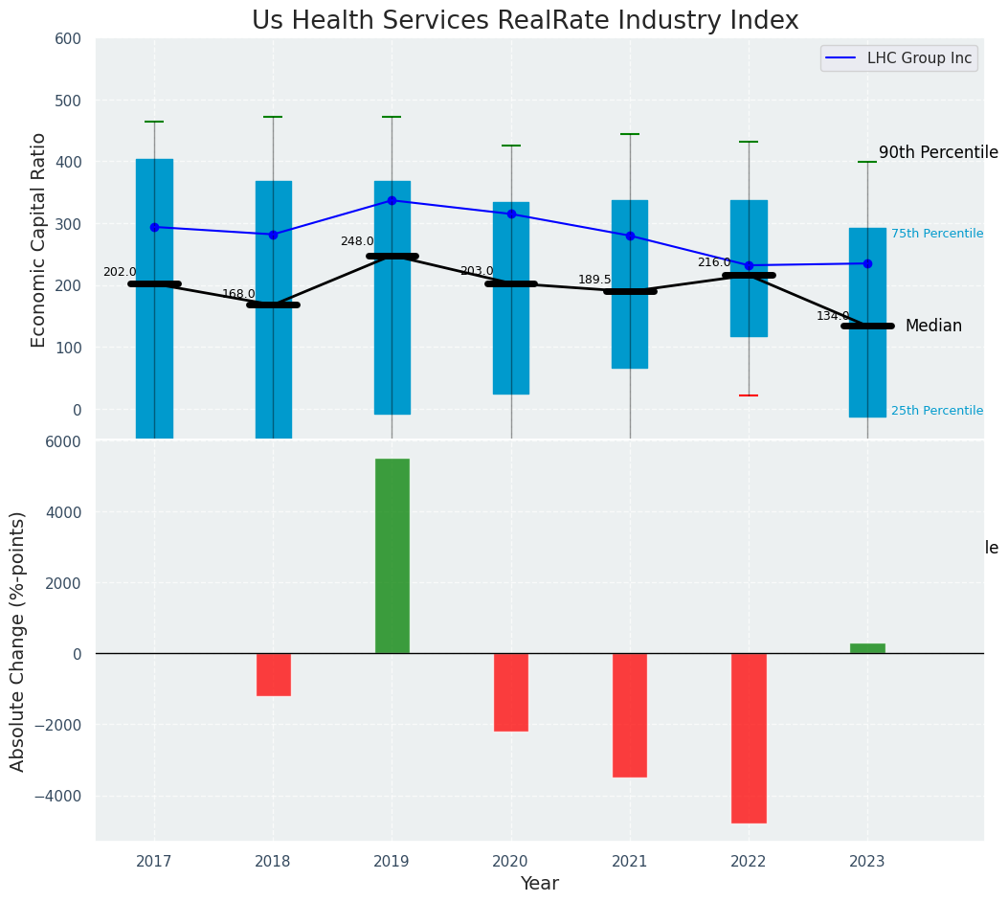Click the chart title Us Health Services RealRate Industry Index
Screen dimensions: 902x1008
pyautogui.click(x=525, y=21)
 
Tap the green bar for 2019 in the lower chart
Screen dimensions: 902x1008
pyautogui.click(x=392, y=555)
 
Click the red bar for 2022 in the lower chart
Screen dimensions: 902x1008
pyautogui.click(x=749, y=737)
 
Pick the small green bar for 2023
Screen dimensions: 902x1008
pyautogui.click(x=867, y=648)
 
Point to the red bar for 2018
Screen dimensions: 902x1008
pyautogui.click(x=273, y=674)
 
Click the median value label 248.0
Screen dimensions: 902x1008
pyautogui.click(x=357, y=241)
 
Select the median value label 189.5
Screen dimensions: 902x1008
pyautogui.click(x=594, y=280)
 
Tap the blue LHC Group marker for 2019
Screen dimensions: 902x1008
pyautogui.click(x=392, y=200)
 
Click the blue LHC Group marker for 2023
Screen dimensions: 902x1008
pyautogui.click(x=867, y=263)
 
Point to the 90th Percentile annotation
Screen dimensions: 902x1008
pyautogui.click(x=938, y=153)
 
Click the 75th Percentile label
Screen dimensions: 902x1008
pyautogui.click(x=936, y=234)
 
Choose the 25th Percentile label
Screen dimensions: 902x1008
pyautogui.click(x=936, y=411)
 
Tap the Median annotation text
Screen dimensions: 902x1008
pyautogui.click(x=933, y=327)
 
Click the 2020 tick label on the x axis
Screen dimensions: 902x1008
pyautogui.click(x=511, y=862)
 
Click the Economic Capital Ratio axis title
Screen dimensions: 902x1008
pyautogui.click(x=39, y=239)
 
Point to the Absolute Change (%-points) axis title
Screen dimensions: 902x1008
pyautogui.click(x=18, y=641)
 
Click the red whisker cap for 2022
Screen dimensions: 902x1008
pyautogui.click(x=749, y=395)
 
